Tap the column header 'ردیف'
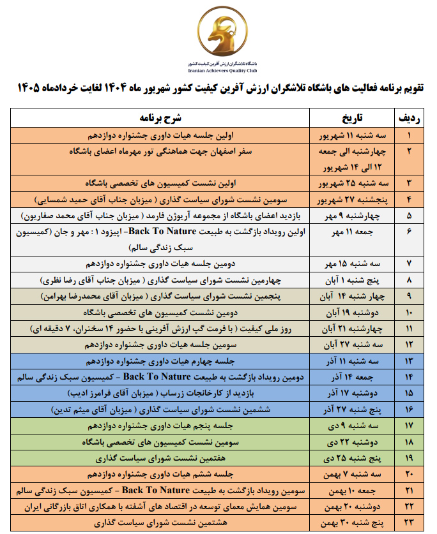pyautogui.click(x=409, y=119)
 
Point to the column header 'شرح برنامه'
pyautogui.click(x=161, y=119)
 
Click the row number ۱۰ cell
pyautogui.click(x=409, y=313)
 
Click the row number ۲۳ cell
pyautogui.click(x=409, y=523)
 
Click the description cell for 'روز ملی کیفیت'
pyautogui.click(x=161, y=329)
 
